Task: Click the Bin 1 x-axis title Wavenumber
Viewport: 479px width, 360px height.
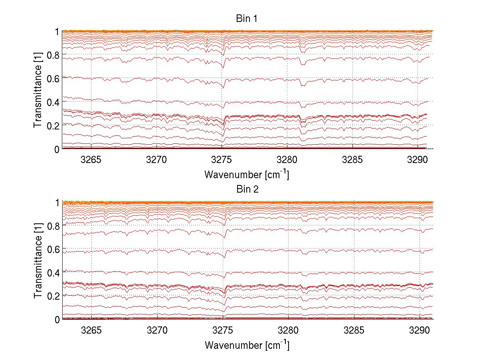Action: pyautogui.click(x=247, y=175)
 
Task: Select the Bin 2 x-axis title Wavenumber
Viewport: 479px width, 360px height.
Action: pyautogui.click(x=247, y=345)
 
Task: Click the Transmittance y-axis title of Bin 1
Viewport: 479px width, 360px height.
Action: pyautogui.click(x=38, y=90)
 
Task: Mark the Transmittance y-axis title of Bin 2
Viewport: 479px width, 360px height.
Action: pyautogui.click(x=38, y=261)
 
